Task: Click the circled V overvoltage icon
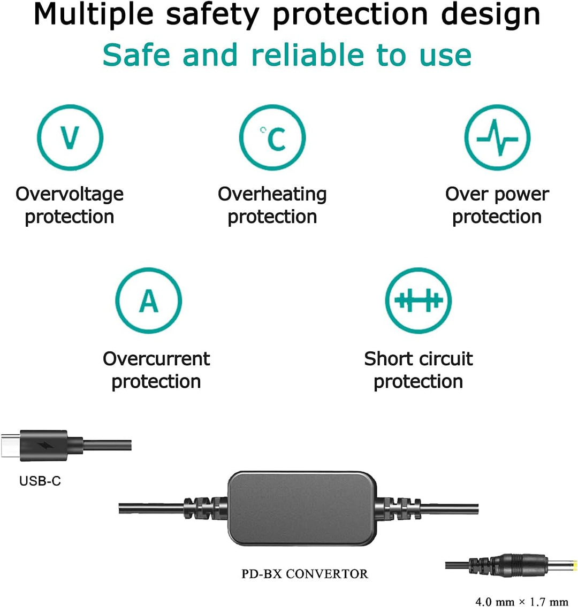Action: pos(70,137)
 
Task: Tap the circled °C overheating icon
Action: pos(272,137)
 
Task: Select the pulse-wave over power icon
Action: pos(497,137)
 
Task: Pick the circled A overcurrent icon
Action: pos(149,301)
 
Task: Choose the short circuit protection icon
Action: pos(419,301)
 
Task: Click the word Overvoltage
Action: pos(70,194)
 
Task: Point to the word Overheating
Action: pos(272,194)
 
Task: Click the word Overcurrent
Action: pos(156,358)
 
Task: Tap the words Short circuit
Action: pos(419,358)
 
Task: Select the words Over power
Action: pos(497,194)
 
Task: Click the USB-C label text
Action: pos(40,481)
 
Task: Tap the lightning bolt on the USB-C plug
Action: pos(44,445)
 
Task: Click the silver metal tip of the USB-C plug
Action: pos(10,445)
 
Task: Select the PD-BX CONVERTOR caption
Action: pos(305,574)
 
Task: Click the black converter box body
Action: pos(300,508)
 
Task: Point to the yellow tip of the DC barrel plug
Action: pos(575,565)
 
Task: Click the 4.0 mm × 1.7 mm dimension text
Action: pos(522,602)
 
